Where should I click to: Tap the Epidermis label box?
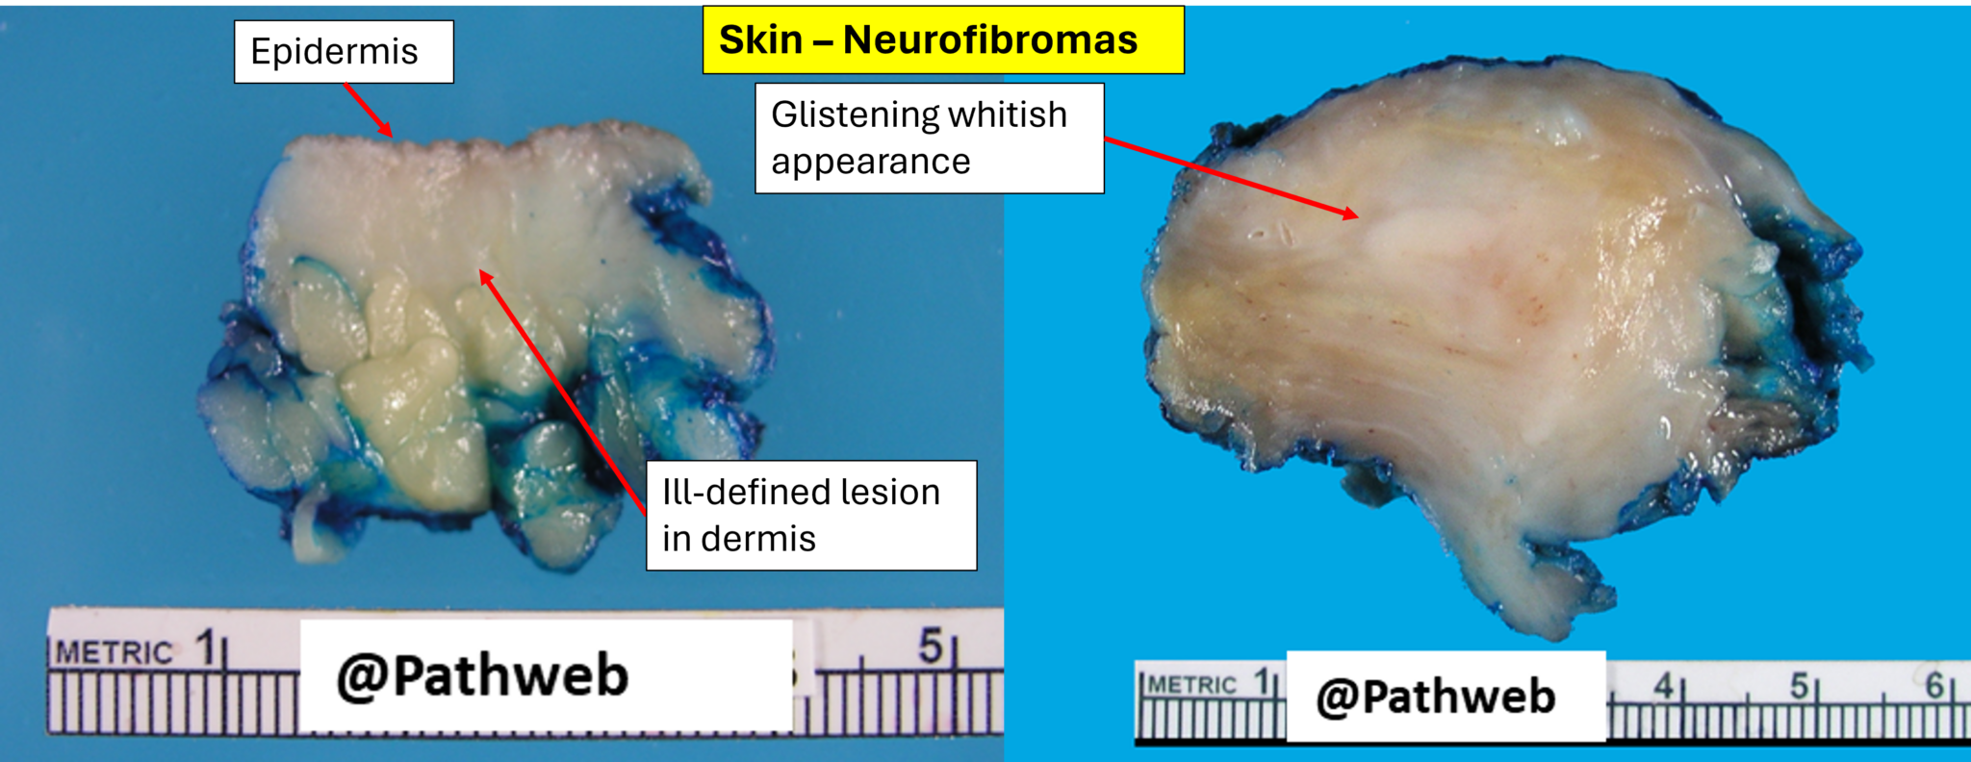click(343, 52)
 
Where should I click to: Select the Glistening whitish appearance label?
click(929, 139)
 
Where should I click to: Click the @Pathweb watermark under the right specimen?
click(1435, 697)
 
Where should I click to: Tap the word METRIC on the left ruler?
click(114, 653)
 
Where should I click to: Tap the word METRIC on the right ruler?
click(1191, 685)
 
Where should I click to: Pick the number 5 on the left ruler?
click(930, 646)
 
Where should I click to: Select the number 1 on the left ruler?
click(205, 648)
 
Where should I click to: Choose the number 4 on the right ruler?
click(1663, 686)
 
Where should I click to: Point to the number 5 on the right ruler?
click(1799, 686)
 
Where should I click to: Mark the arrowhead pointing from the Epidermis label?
click(387, 133)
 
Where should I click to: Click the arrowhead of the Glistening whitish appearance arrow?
click(1353, 215)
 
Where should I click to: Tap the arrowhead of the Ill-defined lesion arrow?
click(484, 277)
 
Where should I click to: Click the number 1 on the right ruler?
click(1261, 682)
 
